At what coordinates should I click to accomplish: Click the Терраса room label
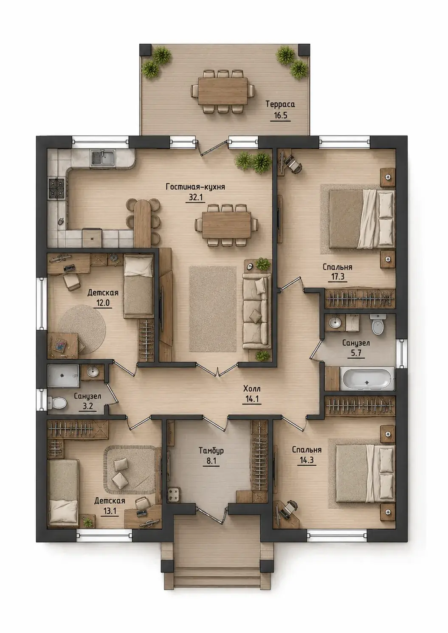tap(280, 104)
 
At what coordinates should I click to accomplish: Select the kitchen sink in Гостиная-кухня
tap(102, 158)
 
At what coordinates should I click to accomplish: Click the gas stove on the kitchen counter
tap(57, 188)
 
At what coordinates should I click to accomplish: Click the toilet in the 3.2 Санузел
tap(57, 403)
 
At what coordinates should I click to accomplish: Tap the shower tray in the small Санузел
tap(63, 376)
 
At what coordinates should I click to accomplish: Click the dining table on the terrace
tap(223, 91)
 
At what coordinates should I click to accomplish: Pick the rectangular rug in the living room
tap(213, 309)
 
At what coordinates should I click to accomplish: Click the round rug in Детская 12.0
tap(82, 329)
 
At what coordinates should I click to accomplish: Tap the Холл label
tap(252, 389)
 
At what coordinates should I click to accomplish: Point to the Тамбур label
tap(211, 450)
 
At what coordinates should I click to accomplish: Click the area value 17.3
tap(338, 276)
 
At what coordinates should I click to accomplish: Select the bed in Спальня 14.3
tap(365, 469)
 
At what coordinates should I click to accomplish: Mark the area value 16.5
tap(280, 115)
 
